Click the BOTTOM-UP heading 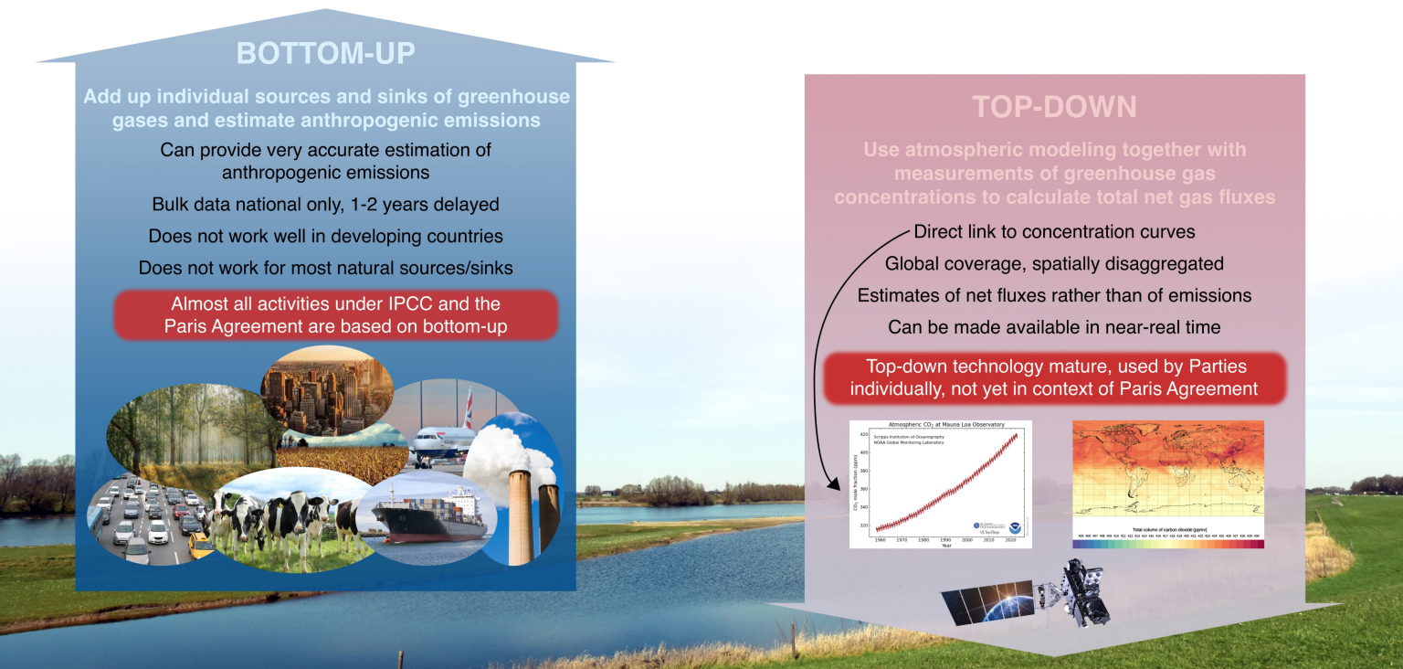tap(326, 53)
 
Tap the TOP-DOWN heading tap(1054, 107)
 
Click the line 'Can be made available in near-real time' tap(1054, 326)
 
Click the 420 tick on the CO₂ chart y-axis tap(862, 435)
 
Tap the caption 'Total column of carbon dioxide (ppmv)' tap(1166, 529)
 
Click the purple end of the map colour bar tap(1260, 543)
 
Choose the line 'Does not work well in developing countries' tap(326, 236)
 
